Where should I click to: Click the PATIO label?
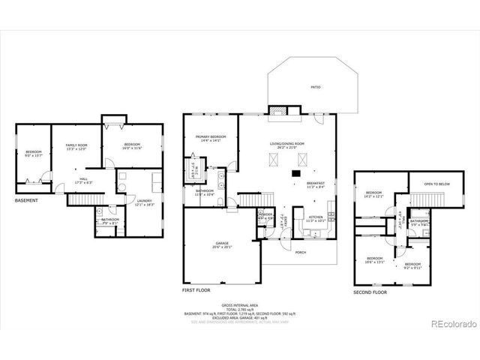316,88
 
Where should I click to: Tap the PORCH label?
300,252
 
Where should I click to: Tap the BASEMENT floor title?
28,200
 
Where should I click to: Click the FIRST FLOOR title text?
197,289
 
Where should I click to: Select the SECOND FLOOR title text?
370,292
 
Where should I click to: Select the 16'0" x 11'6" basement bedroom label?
132,145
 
